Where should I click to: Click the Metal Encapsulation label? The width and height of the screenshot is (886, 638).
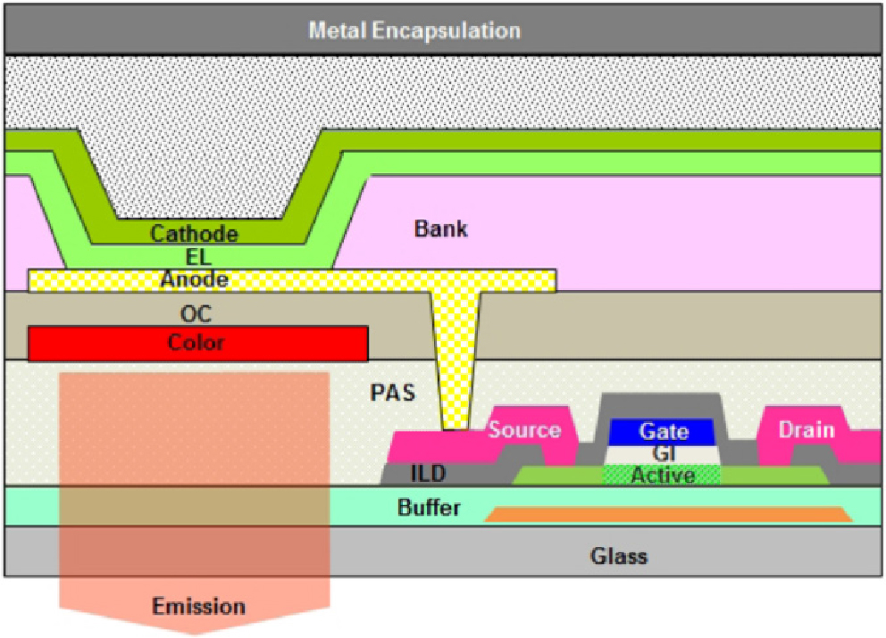pyautogui.click(x=414, y=30)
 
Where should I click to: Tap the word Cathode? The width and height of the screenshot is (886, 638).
pyautogui.click(x=194, y=234)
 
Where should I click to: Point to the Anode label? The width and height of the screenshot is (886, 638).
pyautogui.click(x=194, y=280)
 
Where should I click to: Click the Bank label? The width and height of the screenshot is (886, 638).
pyautogui.click(x=440, y=228)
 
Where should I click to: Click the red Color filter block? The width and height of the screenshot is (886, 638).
pyautogui.click(x=197, y=343)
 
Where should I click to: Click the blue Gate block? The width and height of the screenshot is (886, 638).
pyautogui.click(x=663, y=432)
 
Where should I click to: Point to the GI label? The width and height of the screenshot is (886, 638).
pyautogui.click(x=663, y=453)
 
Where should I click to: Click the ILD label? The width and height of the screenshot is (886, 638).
pyautogui.click(x=428, y=472)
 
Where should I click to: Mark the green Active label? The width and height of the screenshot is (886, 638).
pyautogui.click(x=663, y=476)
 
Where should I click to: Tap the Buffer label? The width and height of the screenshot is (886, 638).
pyautogui.click(x=429, y=508)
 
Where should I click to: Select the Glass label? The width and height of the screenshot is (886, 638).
pyautogui.click(x=618, y=557)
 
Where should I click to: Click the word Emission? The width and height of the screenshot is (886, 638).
pyautogui.click(x=198, y=607)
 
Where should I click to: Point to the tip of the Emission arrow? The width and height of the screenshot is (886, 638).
pyautogui.click(x=196, y=633)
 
